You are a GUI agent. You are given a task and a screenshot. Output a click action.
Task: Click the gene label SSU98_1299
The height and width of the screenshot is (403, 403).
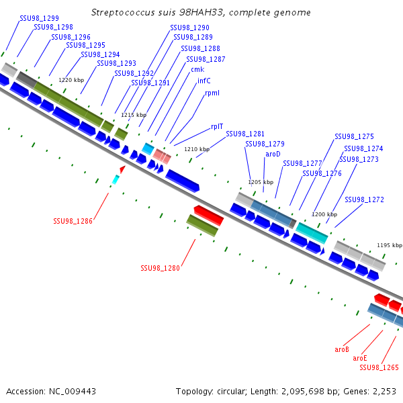(39, 18)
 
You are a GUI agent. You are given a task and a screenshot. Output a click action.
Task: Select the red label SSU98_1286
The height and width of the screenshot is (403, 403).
(73, 220)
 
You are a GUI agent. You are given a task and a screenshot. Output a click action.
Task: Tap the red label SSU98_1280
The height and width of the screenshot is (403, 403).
(161, 268)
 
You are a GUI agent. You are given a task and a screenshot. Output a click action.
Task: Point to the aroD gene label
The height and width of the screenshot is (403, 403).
(273, 154)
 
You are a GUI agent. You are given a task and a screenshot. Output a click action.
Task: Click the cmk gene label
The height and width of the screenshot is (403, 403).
(197, 69)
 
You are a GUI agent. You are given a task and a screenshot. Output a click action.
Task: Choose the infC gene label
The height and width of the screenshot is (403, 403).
(204, 81)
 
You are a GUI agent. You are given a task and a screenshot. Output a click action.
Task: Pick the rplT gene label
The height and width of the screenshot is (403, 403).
(217, 126)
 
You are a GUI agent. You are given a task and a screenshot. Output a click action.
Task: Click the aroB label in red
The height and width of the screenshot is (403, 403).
(342, 349)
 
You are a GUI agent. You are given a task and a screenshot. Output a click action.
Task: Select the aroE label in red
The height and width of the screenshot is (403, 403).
(360, 358)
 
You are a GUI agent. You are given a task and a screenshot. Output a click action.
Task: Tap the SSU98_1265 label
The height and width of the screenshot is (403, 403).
(379, 367)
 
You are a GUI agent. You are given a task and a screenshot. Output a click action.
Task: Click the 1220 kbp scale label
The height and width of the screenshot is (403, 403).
(72, 80)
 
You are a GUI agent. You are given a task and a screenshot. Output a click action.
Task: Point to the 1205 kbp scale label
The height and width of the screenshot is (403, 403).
(261, 182)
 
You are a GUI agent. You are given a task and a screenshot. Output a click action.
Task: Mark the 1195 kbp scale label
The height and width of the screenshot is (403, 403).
(390, 245)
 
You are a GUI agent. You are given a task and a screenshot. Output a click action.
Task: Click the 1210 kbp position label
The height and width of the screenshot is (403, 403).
(197, 149)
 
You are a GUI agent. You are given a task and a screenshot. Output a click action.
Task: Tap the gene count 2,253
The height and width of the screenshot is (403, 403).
(384, 391)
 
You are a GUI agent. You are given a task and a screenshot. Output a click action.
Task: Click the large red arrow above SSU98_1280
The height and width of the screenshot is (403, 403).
(208, 216)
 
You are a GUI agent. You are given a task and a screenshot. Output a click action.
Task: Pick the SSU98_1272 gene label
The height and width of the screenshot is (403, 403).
(364, 199)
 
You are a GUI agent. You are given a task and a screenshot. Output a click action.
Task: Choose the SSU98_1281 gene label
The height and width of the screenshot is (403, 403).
(245, 134)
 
